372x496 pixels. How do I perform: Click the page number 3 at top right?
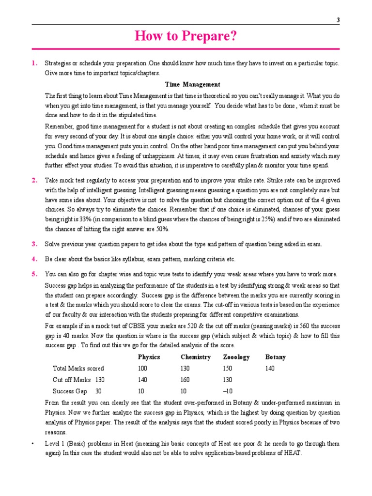coord(337,19)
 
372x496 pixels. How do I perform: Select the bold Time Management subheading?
coord(192,84)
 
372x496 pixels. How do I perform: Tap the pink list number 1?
coord(34,63)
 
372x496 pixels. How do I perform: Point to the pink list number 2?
coord(34,180)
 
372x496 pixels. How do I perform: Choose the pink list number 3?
coord(34,244)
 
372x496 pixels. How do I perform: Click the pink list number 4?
coord(34,259)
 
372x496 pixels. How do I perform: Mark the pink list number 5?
coord(34,274)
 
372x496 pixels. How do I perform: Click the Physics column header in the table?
coord(149,357)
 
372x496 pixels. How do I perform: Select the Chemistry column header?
coord(195,357)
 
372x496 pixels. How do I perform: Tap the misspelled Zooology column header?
coord(236,357)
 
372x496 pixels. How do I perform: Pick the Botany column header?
coord(275,357)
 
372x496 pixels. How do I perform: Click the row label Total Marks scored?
coord(78,369)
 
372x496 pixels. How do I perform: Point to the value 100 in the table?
coord(142,369)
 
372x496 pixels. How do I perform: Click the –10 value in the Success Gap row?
coord(228,391)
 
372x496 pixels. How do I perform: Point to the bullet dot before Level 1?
coord(33,444)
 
